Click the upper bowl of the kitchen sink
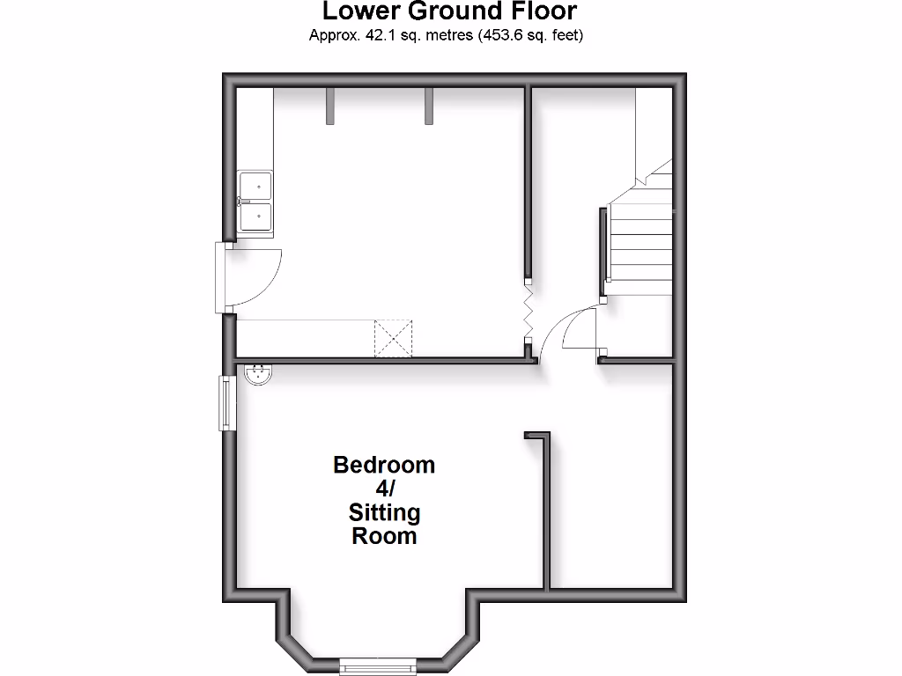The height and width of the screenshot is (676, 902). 256,186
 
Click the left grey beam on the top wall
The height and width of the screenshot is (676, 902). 330,105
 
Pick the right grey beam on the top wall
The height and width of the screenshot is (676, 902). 429,105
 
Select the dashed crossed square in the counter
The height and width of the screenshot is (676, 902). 393,338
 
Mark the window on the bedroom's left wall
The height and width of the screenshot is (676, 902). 226,403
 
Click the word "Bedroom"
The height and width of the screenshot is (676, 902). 384,465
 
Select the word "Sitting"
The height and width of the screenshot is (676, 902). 384,512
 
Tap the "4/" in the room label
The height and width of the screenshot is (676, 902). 384,489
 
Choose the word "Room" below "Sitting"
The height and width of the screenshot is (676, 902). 384,536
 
